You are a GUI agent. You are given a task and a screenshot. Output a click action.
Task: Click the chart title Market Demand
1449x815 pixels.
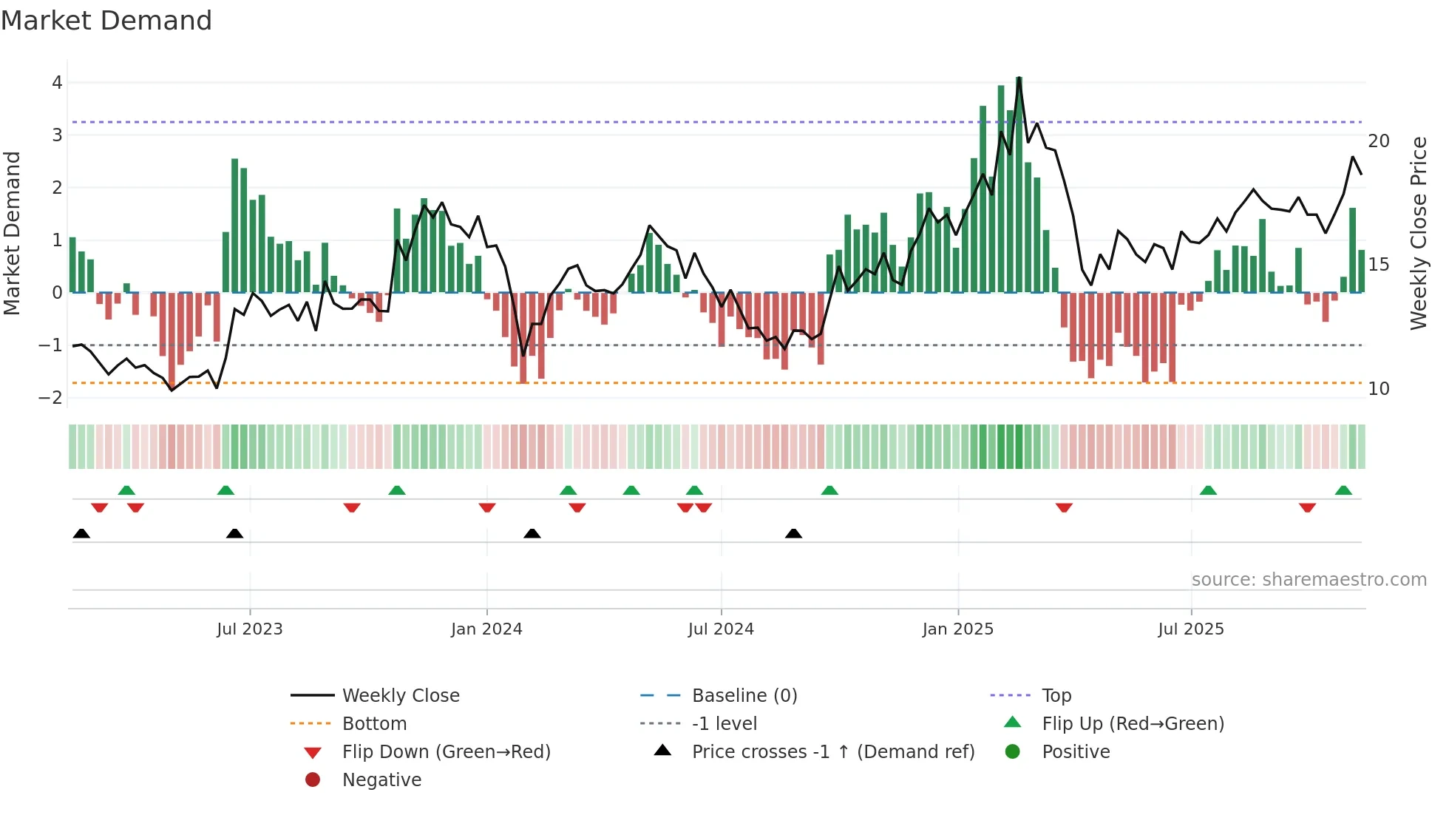coord(106,21)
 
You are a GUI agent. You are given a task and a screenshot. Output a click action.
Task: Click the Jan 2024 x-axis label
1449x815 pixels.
coord(486,629)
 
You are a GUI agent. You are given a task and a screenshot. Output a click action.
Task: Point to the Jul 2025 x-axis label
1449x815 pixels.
coord(1190,629)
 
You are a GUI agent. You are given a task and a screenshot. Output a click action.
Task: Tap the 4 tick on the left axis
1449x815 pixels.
coord(57,83)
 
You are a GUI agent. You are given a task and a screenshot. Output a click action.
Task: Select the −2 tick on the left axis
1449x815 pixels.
coord(51,398)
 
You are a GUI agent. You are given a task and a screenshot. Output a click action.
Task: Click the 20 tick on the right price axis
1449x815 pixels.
coord(1378,141)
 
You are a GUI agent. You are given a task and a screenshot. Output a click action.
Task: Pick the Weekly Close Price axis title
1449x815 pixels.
coord(1418,233)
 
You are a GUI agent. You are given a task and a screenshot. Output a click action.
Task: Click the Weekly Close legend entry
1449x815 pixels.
coord(400,696)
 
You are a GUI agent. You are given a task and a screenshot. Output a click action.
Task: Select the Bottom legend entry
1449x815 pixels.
coord(374,724)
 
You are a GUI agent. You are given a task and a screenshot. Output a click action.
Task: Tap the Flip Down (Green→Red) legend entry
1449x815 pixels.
coord(446,752)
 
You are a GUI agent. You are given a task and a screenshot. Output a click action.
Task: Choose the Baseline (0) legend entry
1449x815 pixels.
coord(744,696)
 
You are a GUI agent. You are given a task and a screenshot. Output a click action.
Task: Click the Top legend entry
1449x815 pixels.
coord(1056,696)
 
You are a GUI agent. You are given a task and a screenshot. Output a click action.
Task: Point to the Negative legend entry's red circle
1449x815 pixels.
coord(313,780)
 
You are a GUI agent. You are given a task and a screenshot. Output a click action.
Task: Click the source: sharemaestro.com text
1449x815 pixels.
coord(1309,580)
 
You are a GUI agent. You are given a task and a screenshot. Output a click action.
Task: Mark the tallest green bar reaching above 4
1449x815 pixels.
coord(1019,185)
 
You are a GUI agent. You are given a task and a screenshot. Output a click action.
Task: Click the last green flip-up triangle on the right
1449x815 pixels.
coord(1343,490)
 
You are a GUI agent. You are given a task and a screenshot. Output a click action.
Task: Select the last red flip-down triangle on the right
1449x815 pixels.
coord(1307,507)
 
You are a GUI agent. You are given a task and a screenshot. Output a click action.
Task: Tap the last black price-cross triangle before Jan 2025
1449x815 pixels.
coord(793,533)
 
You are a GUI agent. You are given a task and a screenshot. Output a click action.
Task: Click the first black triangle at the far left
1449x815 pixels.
coord(81,533)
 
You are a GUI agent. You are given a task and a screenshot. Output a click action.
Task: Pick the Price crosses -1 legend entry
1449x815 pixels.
coord(832,752)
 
